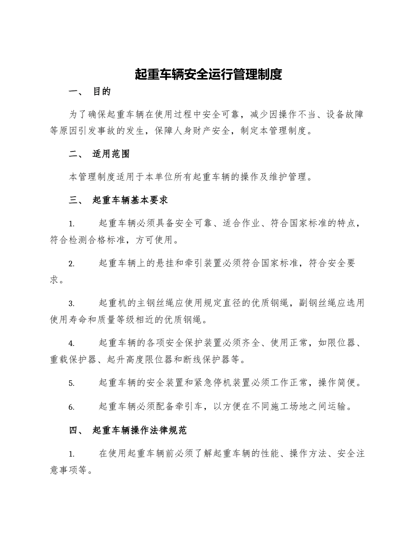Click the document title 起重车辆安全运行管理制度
[208, 74]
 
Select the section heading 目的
[102, 92]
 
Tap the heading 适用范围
[111, 154]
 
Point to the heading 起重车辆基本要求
[130, 200]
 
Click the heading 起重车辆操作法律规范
[140, 430]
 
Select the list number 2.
[71, 264]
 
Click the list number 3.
[71, 304]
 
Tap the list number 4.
[71, 343]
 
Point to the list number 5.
[71, 383]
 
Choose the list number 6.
[71, 407]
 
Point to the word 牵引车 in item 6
[188, 407]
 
